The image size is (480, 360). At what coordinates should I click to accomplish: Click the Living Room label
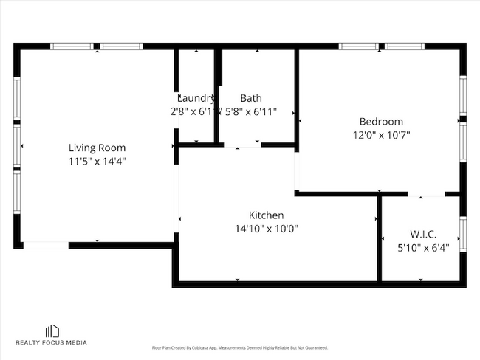coord(97,147)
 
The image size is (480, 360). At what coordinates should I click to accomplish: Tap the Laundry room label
coord(196,98)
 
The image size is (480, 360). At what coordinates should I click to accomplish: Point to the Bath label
coord(250,98)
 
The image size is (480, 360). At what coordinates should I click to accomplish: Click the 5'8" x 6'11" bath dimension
coord(251,111)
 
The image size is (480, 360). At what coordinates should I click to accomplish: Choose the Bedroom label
coord(381,122)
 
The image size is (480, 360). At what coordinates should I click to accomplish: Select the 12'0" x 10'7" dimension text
coord(381,135)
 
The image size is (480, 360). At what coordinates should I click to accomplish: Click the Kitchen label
coord(267,215)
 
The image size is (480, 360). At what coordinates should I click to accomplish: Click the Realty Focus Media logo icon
coord(52,330)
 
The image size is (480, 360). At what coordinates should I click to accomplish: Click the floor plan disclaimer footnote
coord(239,347)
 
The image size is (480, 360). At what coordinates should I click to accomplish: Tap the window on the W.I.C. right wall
coord(463,230)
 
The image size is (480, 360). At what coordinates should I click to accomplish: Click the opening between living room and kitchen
coord(176,198)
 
